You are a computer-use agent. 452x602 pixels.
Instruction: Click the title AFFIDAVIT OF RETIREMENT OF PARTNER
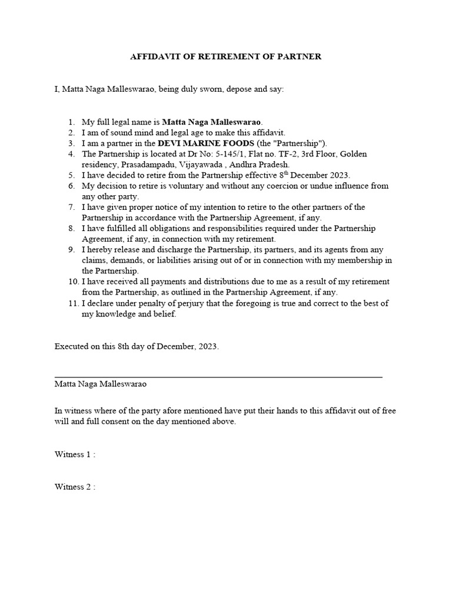225,56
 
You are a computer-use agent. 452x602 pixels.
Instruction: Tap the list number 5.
71,175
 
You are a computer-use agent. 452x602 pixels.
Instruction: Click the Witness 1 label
75,454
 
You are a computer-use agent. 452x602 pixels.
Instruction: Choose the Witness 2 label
75,487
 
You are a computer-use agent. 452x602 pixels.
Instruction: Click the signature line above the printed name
218,376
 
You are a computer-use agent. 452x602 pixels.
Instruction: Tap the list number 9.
71,250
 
